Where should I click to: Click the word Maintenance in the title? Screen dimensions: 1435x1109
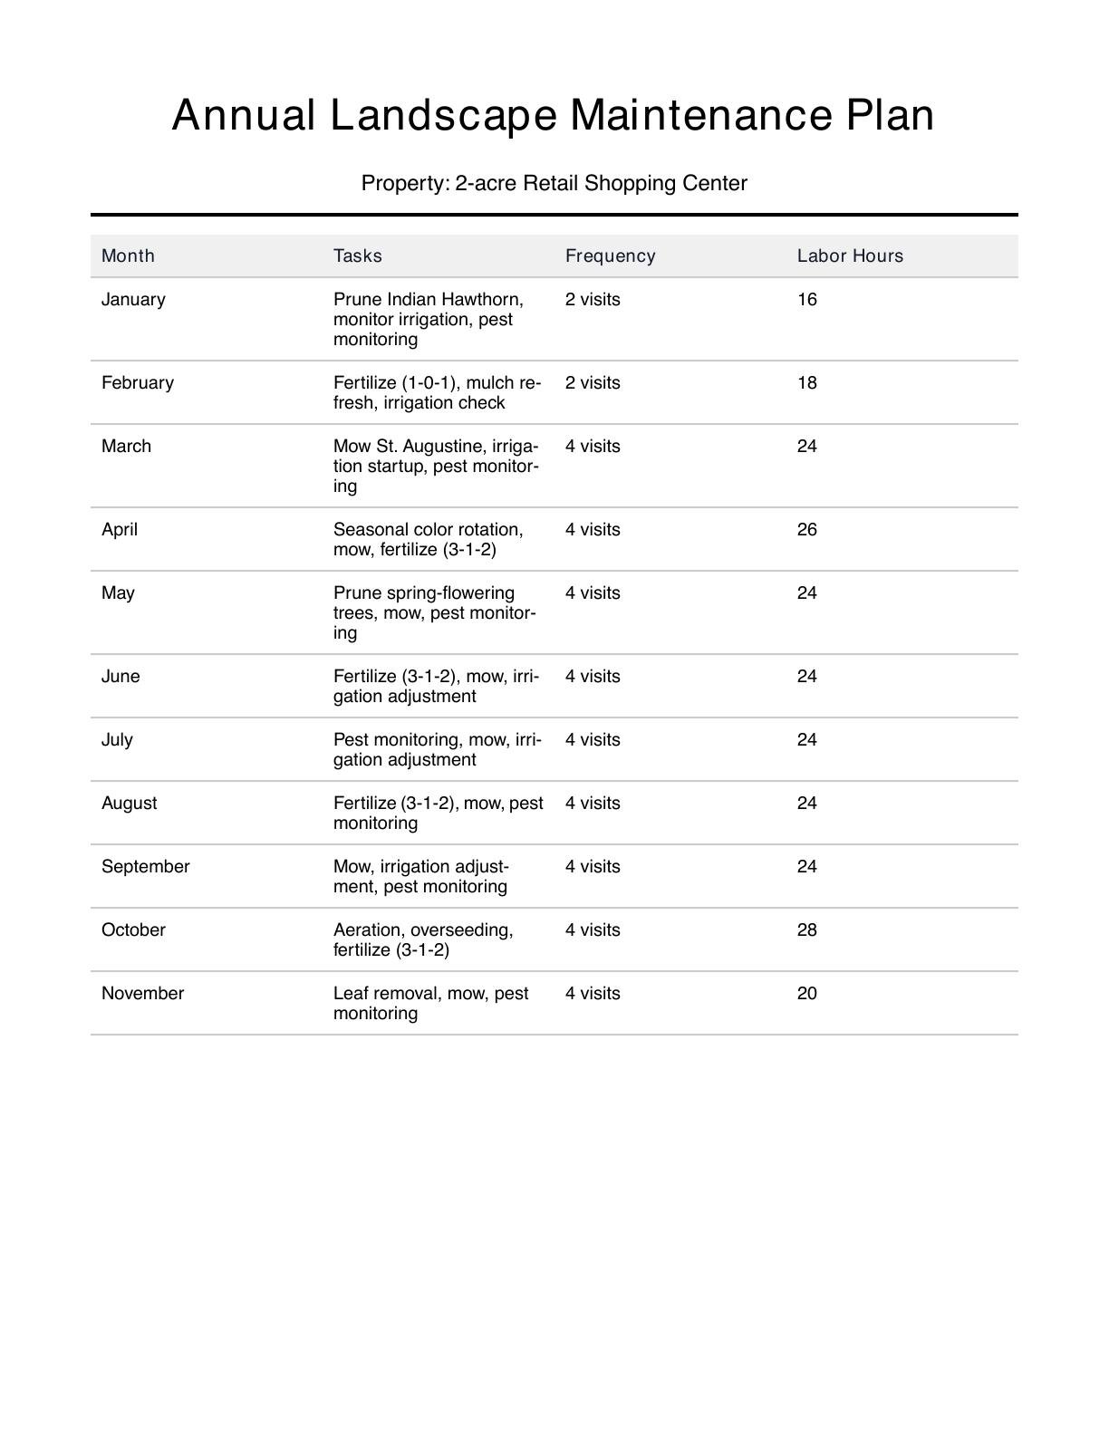703,116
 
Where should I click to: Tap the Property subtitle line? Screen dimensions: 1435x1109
554,183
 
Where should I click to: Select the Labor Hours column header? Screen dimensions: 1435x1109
850,255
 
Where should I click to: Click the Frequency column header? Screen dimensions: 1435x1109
610,255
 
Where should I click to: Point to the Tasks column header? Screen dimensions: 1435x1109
357,255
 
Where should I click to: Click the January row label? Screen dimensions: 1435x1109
133,299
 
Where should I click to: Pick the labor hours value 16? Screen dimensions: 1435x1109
806,299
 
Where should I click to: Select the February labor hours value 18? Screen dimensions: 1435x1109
806,382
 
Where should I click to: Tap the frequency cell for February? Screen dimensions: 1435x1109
593,382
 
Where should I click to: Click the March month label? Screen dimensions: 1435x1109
126,446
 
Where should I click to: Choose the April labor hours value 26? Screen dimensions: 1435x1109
806,529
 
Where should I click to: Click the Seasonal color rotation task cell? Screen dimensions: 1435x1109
428,539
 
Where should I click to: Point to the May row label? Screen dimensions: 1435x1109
118,592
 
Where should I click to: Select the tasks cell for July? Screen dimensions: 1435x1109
437,749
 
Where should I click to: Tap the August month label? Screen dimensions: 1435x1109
129,803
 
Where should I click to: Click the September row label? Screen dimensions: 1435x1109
145,866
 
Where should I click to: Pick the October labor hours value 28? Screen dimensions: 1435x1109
806,929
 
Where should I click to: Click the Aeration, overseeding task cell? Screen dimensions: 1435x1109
423,939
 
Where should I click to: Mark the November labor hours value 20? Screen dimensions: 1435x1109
806,993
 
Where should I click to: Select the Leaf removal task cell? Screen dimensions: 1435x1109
430,1003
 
